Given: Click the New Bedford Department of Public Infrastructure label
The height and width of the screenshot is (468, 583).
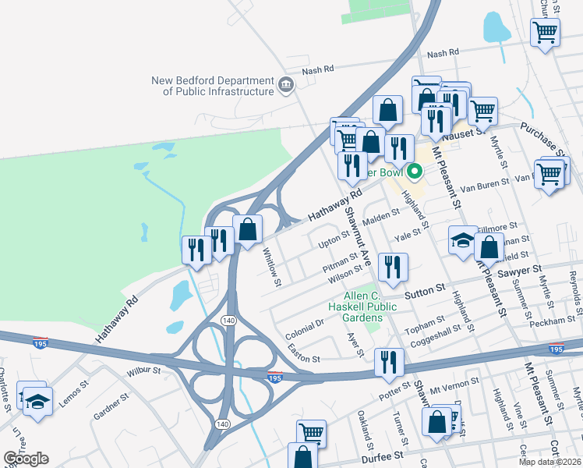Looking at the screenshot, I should pyautogui.click(x=212, y=86).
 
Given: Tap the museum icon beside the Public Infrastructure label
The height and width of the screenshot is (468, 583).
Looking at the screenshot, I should pyautogui.click(x=286, y=84).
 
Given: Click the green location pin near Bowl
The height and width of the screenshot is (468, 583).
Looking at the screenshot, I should pyautogui.click(x=415, y=171).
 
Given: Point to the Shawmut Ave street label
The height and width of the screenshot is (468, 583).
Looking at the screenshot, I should pyautogui.click(x=357, y=223).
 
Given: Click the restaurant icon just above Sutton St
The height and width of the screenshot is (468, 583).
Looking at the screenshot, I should pyautogui.click(x=391, y=267).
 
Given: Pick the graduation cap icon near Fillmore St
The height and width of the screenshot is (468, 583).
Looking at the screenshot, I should pyautogui.click(x=463, y=239).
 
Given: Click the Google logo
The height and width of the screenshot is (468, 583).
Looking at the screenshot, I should pyautogui.click(x=26, y=458).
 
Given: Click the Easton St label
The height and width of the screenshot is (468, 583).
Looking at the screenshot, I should pyautogui.click(x=303, y=353).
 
